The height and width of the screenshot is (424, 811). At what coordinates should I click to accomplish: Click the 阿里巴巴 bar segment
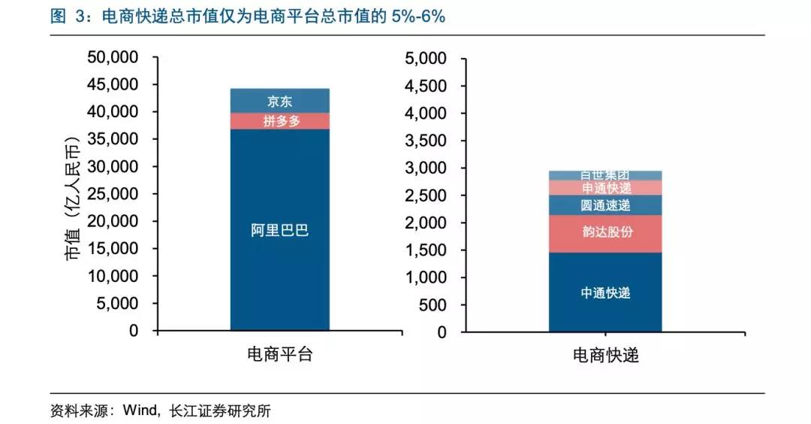point(279,230)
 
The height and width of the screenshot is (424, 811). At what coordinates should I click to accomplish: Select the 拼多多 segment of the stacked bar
point(279,121)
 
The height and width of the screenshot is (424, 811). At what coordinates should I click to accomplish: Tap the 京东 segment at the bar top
point(279,101)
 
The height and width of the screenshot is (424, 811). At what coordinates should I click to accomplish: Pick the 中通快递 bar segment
point(605,292)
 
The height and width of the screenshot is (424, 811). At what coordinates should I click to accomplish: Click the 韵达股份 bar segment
point(605,233)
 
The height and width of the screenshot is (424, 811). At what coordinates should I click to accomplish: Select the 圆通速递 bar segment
point(605,205)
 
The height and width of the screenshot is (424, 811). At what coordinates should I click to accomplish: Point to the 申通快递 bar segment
point(605,188)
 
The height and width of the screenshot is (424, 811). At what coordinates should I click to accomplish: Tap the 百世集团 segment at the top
point(605,175)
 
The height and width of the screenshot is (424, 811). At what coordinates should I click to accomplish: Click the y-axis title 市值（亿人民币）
point(72,198)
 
